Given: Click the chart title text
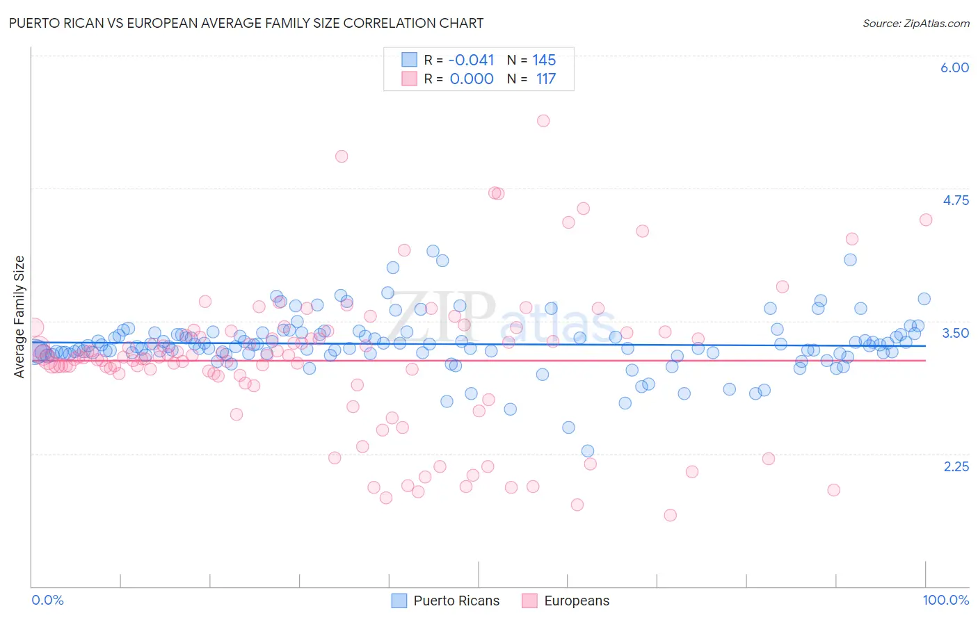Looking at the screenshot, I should click(x=246, y=23).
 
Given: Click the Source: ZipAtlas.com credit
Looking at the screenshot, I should click(x=915, y=23).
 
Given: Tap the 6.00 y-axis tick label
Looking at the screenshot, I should click(x=954, y=67).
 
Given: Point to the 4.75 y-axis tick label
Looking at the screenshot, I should click(x=955, y=200).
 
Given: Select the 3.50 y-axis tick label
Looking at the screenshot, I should click(x=955, y=333).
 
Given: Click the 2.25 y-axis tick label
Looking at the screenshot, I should click(x=956, y=466).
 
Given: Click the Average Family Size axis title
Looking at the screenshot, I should click(x=19, y=317).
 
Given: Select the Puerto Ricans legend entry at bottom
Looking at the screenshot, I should click(x=445, y=601).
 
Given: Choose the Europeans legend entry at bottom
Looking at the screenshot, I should click(x=565, y=601).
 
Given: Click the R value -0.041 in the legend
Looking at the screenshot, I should click(x=472, y=60).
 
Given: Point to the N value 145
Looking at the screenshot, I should click(x=544, y=60).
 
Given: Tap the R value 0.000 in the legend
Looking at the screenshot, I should click(x=472, y=79).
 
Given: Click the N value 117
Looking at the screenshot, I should click(x=546, y=79).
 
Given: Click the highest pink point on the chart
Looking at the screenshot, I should click(x=543, y=121).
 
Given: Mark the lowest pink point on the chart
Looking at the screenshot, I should click(x=670, y=515).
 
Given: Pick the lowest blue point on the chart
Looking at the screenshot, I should click(x=588, y=451).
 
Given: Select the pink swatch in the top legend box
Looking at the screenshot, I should click(x=409, y=79).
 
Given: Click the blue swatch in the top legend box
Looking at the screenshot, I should click(x=409, y=60).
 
